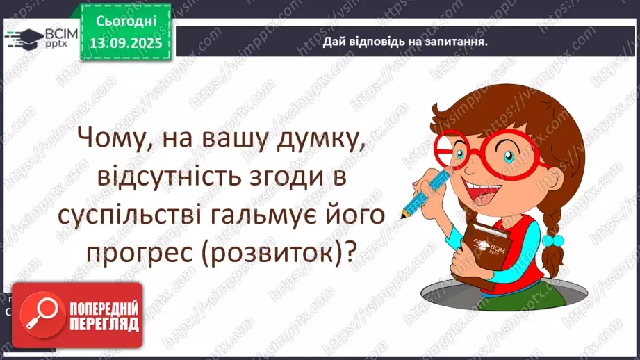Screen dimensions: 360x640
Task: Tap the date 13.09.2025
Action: (x=125, y=42)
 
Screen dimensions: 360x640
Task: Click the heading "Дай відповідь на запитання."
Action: (x=404, y=42)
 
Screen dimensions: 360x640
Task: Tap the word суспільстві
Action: (x=140, y=218)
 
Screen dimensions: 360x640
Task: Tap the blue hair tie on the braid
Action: (x=552, y=240)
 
